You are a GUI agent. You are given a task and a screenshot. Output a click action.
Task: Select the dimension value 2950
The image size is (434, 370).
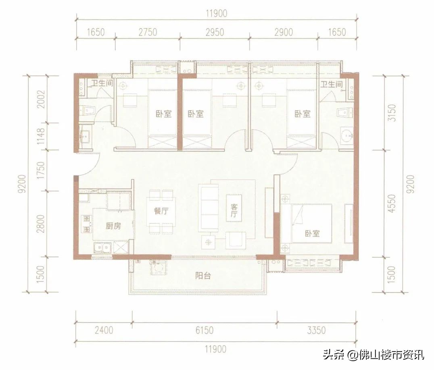pos(214,32)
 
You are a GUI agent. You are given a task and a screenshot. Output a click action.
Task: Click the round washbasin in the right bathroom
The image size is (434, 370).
pos(346,135)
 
